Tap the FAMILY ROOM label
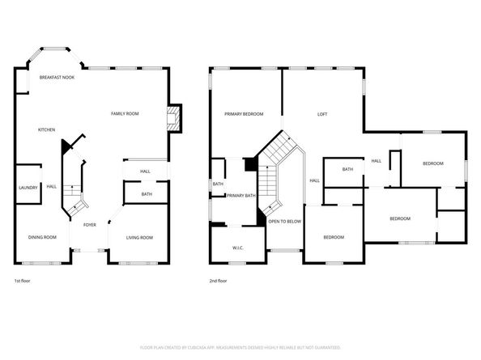click(125, 114)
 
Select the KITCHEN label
click(46, 129)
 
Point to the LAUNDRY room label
click(28, 188)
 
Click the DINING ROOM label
click(43, 237)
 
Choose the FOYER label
click(89, 225)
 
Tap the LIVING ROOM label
click(139, 237)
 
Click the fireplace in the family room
click(172, 118)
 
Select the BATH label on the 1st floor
click(147, 194)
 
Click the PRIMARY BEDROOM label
click(244, 114)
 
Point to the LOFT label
click(321, 114)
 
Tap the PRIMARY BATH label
click(240, 196)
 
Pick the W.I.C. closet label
click(237, 247)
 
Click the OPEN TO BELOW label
click(284, 221)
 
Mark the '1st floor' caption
click(23, 281)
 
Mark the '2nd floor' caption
click(219, 281)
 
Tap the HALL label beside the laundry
click(51, 187)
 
